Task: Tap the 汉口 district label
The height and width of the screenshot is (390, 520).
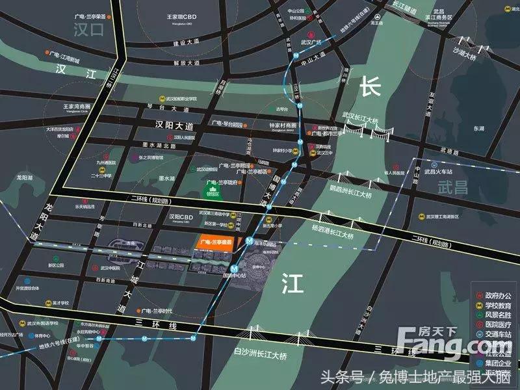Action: (88, 29)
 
